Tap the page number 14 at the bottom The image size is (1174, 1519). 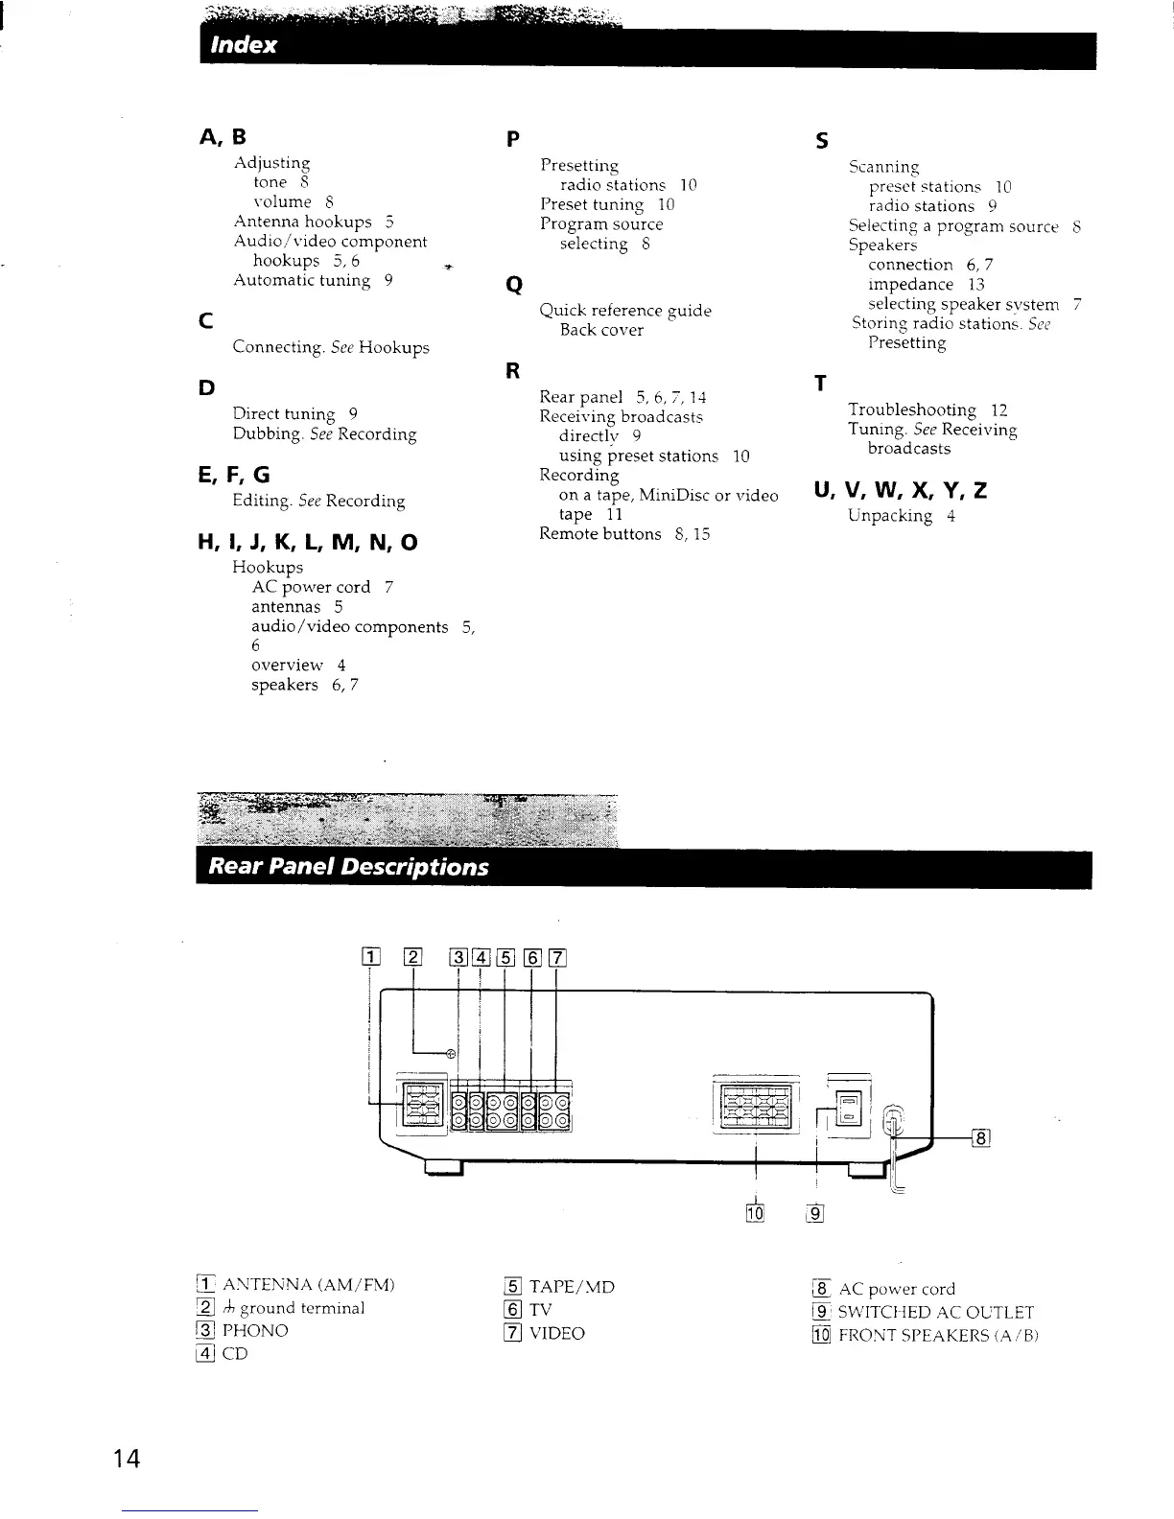tap(126, 1460)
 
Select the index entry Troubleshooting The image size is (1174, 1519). tap(911, 409)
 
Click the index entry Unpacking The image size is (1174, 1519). tap(890, 516)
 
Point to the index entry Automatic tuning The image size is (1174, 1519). tap(301, 280)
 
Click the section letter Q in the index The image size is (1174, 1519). tap(513, 285)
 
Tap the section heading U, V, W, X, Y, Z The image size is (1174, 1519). tap(900, 491)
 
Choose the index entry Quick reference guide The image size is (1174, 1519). tap(625, 311)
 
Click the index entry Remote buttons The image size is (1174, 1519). tap(600, 534)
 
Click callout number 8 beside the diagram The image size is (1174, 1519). tap(980, 1138)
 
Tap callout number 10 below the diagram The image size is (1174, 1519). tap(754, 1213)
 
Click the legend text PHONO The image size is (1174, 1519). tap(255, 1331)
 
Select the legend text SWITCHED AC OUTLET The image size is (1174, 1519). tap(936, 1313)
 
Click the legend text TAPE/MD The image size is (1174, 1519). tap(572, 1287)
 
